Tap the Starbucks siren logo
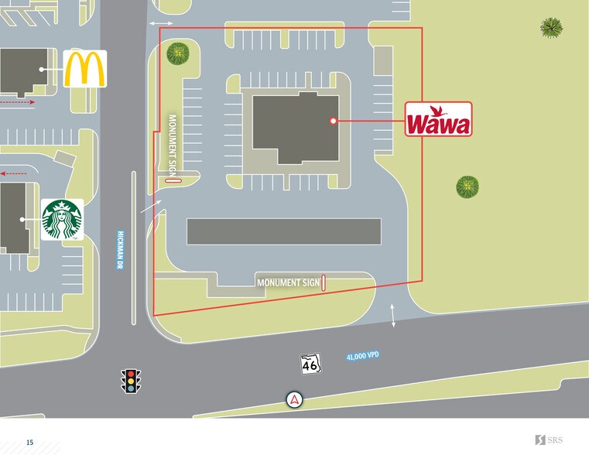pos(62,219)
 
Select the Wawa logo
pos(438,121)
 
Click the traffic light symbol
pos(132,381)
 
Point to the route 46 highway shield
pos(310,364)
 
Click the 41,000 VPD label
pos(363,356)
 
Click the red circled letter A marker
pos(294,399)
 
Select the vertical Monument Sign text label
pos(173,144)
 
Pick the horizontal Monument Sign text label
pos(287,283)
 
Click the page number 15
pos(29,442)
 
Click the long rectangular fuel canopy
pos(283,231)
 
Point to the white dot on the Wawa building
pos(333,121)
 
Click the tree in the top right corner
pos(551,27)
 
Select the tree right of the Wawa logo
pos(467,186)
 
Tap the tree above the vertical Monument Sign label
pos(178,53)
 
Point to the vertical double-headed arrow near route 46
pos(393,316)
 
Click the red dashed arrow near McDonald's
pos(17,101)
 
